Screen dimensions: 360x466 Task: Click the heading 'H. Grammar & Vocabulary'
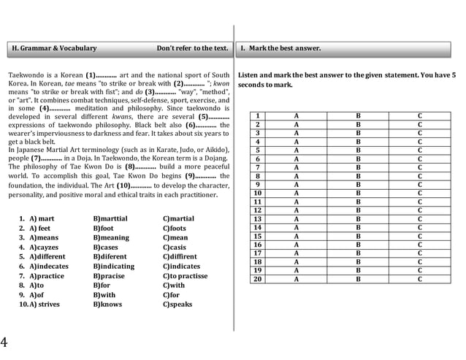pyautogui.click(x=54, y=48)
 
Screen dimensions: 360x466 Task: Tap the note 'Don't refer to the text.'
pyautogui.click(x=192, y=48)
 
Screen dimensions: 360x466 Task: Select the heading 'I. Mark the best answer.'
pyautogui.click(x=280, y=48)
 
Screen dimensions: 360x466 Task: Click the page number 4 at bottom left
pyautogui.click(x=4, y=342)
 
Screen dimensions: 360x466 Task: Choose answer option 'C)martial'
pyautogui.click(x=178, y=218)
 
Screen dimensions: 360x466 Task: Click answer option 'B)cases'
pyautogui.click(x=107, y=247)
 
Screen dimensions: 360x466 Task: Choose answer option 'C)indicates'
pyautogui.click(x=181, y=267)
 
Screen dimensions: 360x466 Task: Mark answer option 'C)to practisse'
pyautogui.click(x=186, y=276)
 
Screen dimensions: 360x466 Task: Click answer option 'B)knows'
pyautogui.click(x=107, y=304)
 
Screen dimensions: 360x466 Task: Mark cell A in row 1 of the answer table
pyautogui.click(x=296, y=116)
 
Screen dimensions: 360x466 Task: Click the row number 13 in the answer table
pyautogui.click(x=257, y=218)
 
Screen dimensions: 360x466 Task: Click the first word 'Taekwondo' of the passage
pyautogui.click(x=25, y=75)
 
